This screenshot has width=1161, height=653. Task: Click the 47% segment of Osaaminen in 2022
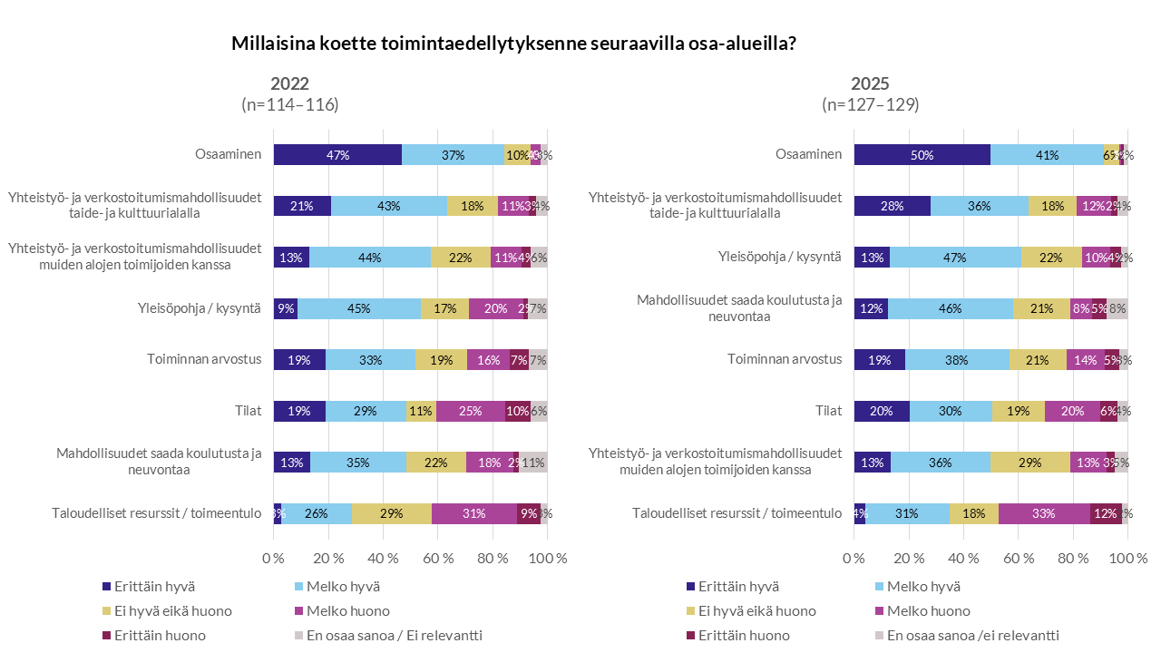click(x=337, y=154)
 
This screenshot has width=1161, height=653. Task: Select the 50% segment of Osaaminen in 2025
click(x=922, y=154)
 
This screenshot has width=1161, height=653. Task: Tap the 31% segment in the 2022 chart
click(x=473, y=513)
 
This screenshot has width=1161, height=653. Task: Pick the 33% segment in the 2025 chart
click(x=1044, y=513)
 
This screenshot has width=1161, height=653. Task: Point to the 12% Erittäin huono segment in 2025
click(x=1106, y=513)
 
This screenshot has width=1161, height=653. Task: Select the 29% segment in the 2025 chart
click(x=1029, y=462)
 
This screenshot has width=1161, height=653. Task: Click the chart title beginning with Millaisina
click(x=513, y=44)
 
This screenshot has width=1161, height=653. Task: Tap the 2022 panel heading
click(x=289, y=83)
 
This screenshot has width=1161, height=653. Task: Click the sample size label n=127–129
click(x=870, y=104)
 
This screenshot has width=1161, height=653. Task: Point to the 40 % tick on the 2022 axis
click(x=383, y=558)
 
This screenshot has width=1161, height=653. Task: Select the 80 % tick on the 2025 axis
click(x=1073, y=558)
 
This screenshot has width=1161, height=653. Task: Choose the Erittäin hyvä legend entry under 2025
click(x=733, y=587)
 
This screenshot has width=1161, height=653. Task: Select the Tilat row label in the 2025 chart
click(x=826, y=411)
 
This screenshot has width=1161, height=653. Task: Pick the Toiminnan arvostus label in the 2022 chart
click(x=204, y=359)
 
